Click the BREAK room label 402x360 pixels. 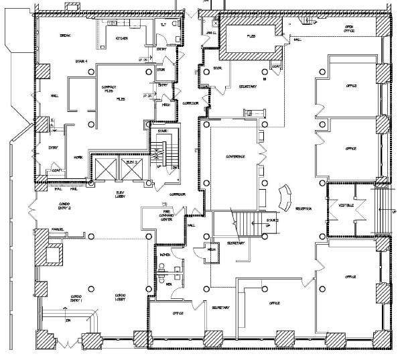tap(65, 35)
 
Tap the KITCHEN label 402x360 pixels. tap(121, 39)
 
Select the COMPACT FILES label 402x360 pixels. tap(109, 88)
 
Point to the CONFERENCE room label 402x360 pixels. tap(235, 156)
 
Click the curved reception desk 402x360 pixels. tap(284, 196)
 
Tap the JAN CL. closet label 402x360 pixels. tap(210, 32)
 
